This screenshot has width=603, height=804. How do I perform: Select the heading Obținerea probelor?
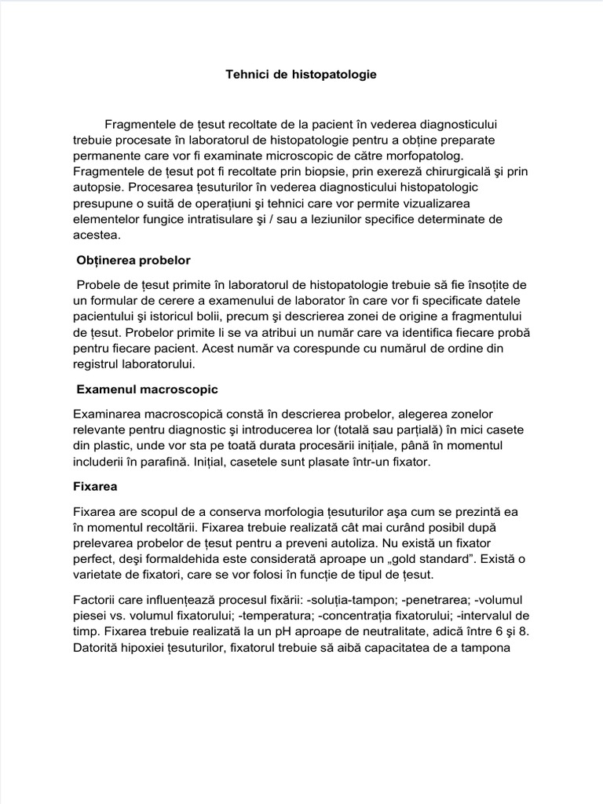point(133,260)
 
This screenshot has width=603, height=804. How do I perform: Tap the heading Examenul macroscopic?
point(147,389)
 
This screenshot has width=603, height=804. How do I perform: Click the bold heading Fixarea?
point(95,486)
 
